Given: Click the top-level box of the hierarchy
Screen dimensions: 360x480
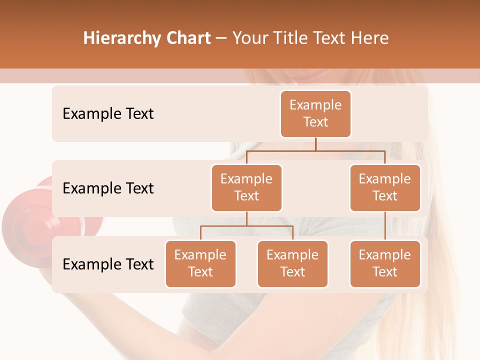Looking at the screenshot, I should pos(315,113).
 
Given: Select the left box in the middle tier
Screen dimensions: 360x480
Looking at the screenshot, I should pos(246,187).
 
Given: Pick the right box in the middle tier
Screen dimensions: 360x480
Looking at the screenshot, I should pos(385,187).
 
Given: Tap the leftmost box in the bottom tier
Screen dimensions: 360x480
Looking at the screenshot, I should pos(200,263).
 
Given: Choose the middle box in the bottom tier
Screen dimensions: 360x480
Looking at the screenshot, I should pos(292,263).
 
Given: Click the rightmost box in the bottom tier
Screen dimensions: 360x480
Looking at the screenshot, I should pos(385,263).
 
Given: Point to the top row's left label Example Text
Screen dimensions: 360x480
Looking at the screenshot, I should pos(108,113).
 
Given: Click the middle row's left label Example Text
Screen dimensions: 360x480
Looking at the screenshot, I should pos(108,188).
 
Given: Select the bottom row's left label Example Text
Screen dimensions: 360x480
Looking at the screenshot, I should pos(108,264).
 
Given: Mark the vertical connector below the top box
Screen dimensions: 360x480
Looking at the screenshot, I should pos(315,144).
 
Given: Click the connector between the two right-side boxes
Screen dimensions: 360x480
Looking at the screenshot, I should pos(385,226).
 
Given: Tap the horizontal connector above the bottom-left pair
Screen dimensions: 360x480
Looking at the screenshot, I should pos(246,226).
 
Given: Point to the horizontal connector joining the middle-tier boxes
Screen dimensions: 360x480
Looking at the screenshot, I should pos(315,150).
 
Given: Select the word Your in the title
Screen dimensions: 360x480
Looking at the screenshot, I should pos(250,38).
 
